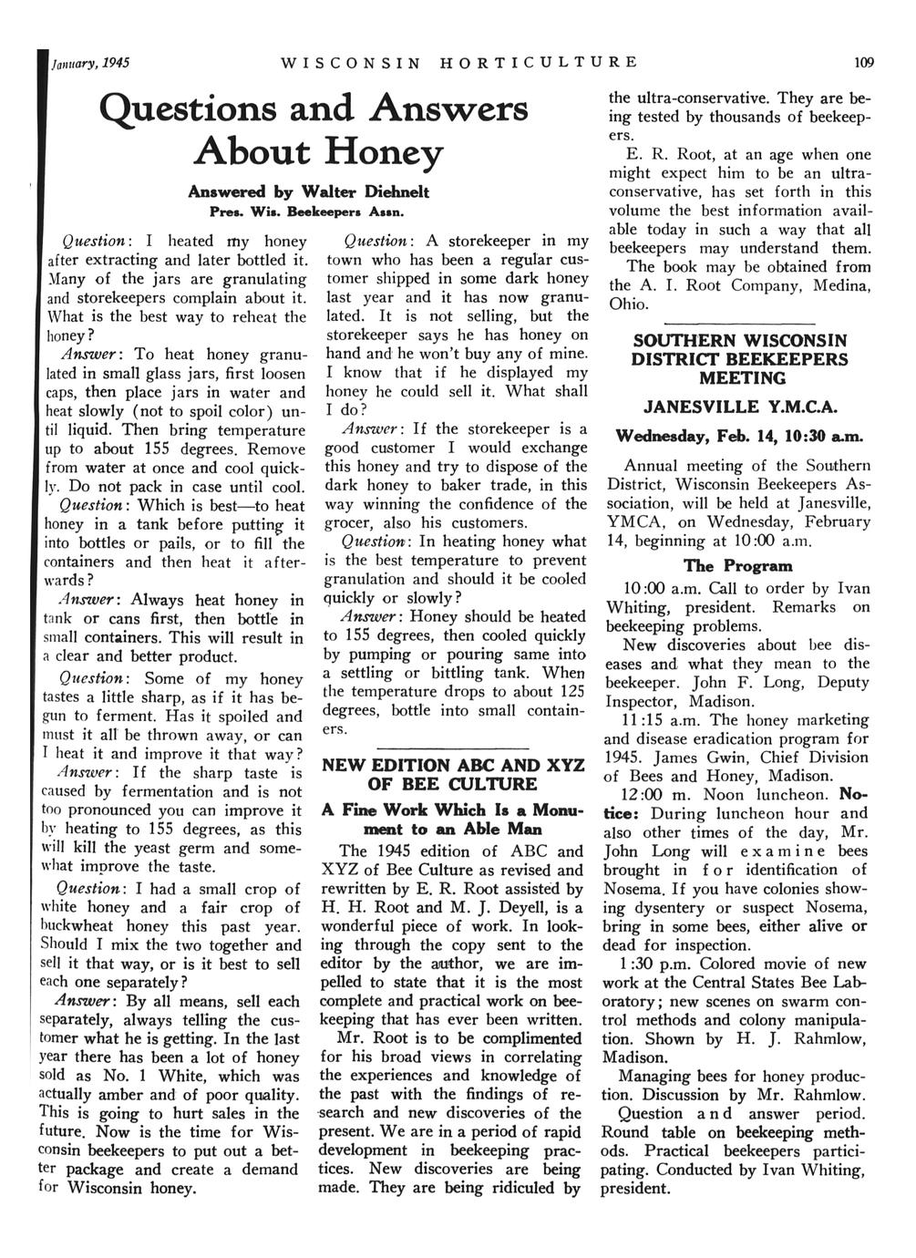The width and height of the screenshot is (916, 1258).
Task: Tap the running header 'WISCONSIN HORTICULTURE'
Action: [459, 63]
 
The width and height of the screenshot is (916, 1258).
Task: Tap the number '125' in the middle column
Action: [571, 692]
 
